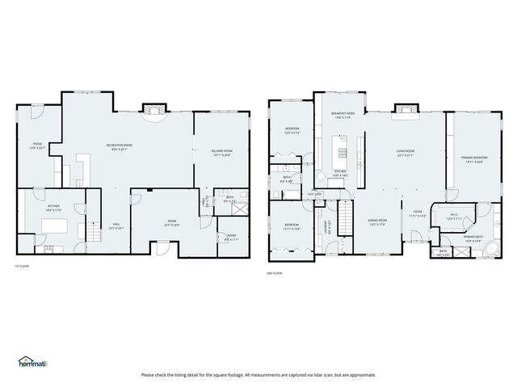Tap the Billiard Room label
point(222,153)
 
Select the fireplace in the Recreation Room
point(153,110)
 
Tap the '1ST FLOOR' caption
point(22,265)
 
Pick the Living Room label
point(405,153)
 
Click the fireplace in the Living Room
point(402,112)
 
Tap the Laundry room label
point(327,229)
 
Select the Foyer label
point(417,214)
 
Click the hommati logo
point(32,361)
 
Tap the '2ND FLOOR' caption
point(275,273)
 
